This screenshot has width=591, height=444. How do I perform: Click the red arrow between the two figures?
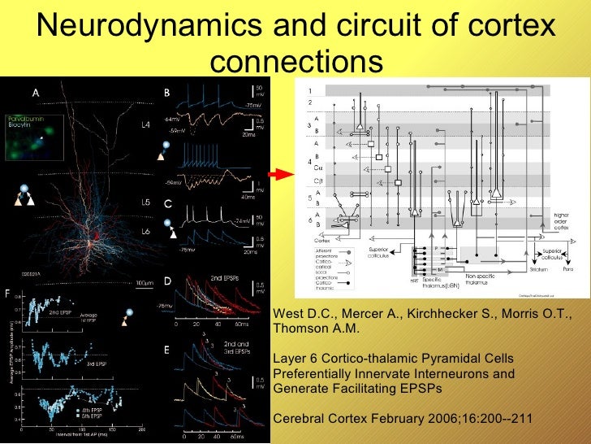[x=280, y=174]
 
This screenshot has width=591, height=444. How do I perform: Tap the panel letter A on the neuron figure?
[x=36, y=93]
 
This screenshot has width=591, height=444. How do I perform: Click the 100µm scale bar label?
[x=145, y=283]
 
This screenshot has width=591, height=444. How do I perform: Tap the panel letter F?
[x=8, y=290]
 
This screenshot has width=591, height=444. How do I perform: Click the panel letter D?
[x=167, y=281]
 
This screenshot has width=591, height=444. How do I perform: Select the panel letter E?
[x=167, y=350]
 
